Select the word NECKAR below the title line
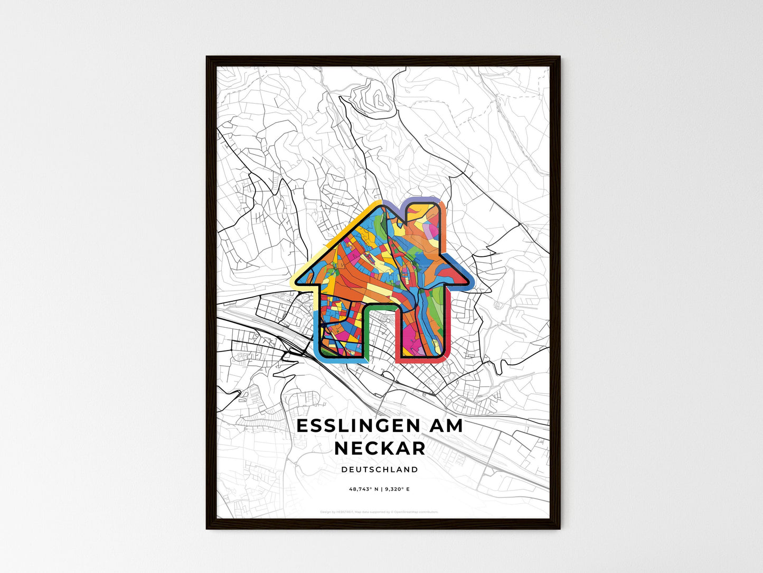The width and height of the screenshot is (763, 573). [x=380, y=448]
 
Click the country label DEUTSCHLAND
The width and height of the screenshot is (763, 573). [x=380, y=469]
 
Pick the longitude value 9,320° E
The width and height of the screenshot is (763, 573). [x=398, y=489]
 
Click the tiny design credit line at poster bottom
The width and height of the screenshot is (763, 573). [x=380, y=512]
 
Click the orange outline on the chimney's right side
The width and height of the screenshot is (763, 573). [x=445, y=222]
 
